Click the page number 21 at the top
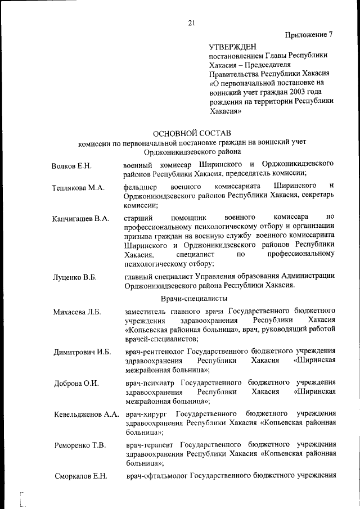[191, 23]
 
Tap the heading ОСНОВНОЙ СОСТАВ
[192, 133]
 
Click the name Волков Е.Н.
[71, 167]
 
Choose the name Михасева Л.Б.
[77, 312]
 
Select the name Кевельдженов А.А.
[86, 415]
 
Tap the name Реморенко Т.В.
[80, 446]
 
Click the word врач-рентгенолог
[156, 352]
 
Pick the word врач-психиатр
[151, 384]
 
